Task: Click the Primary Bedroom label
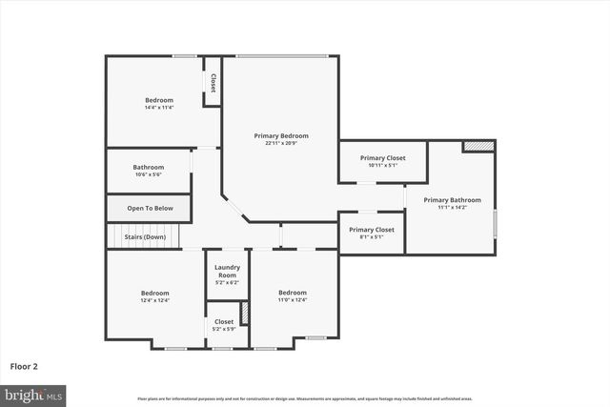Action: point(280,135)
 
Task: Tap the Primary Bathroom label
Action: point(453,200)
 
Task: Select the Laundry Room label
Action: point(227,268)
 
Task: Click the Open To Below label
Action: point(150,208)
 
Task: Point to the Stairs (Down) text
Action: point(145,236)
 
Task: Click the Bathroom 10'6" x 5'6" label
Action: point(148,167)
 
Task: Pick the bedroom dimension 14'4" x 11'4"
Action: point(159,108)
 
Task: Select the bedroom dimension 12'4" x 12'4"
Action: point(155,300)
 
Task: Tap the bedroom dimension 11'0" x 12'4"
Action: point(292,300)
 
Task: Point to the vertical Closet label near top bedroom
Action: point(213,82)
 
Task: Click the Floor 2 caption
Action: point(24,365)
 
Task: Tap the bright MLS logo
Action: point(33,394)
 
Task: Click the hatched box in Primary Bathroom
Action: point(479,147)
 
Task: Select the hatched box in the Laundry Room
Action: point(244,312)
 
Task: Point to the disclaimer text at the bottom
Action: point(304,398)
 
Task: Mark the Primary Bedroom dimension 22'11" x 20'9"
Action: point(280,143)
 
